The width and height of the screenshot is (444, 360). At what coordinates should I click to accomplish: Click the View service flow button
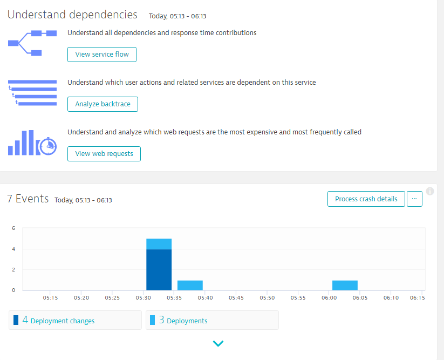pyautogui.click(x=102, y=55)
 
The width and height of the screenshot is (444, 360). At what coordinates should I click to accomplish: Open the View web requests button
pyautogui.click(x=104, y=154)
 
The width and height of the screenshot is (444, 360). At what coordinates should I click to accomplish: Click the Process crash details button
pyautogui.click(x=366, y=199)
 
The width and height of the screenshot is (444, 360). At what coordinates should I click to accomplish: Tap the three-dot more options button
pyautogui.click(x=414, y=199)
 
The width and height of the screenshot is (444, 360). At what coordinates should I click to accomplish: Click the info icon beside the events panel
pyautogui.click(x=430, y=191)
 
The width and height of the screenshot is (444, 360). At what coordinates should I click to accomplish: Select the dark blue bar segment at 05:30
pyautogui.click(x=159, y=269)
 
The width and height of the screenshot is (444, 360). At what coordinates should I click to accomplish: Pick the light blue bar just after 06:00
pyautogui.click(x=345, y=285)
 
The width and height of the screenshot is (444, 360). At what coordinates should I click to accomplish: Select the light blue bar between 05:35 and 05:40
pyautogui.click(x=190, y=285)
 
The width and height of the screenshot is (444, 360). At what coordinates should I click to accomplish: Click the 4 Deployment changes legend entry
pyautogui.click(x=75, y=320)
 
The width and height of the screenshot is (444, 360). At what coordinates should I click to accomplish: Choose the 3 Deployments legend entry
pyautogui.click(x=212, y=320)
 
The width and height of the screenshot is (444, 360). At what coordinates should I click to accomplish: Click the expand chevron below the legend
pyautogui.click(x=218, y=343)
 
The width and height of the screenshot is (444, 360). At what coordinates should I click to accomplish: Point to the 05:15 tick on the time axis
pyautogui.click(x=50, y=297)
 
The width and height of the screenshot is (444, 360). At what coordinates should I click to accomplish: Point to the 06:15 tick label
pyautogui.click(x=416, y=297)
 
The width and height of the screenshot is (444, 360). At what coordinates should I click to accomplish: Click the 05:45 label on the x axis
pyautogui.click(x=236, y=297)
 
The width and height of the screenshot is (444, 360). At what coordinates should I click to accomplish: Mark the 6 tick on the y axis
pyautogui.click(x=13, y=228)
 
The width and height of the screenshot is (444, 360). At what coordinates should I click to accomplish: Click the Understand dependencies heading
pyautogui.click(x=72, y=15)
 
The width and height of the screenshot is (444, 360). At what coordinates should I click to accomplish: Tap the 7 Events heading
pyautogui.click(x=28, y=199)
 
